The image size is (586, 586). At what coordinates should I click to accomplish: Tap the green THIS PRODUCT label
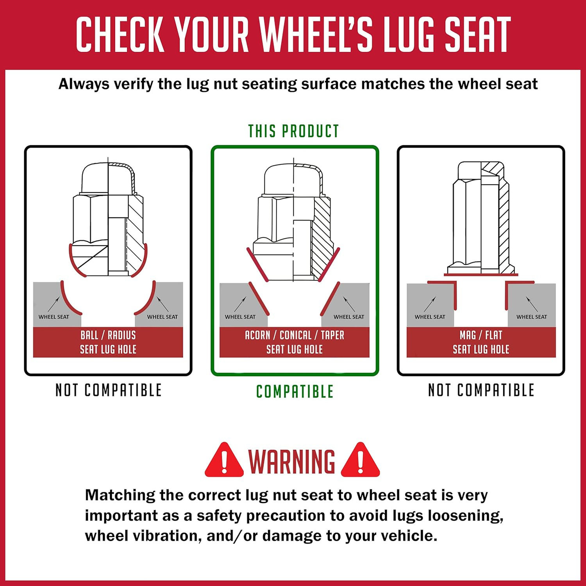294,131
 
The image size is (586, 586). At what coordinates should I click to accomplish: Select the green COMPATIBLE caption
295,391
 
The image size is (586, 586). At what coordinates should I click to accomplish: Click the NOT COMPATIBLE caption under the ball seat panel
108,390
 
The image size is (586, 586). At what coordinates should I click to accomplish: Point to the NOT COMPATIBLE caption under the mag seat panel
481,390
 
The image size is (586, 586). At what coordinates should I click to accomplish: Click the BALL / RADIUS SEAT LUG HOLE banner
108,342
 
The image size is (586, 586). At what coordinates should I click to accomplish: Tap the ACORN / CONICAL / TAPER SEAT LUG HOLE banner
295,342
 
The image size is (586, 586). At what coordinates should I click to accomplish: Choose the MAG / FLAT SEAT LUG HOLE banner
481,342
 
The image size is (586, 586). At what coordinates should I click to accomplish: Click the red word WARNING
292,461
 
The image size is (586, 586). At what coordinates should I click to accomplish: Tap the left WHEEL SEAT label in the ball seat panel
54,317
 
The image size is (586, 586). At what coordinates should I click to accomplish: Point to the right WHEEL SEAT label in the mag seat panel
532,317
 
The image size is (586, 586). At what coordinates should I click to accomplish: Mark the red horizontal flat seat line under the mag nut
481,275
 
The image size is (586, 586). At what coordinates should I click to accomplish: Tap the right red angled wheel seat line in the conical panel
330,298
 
